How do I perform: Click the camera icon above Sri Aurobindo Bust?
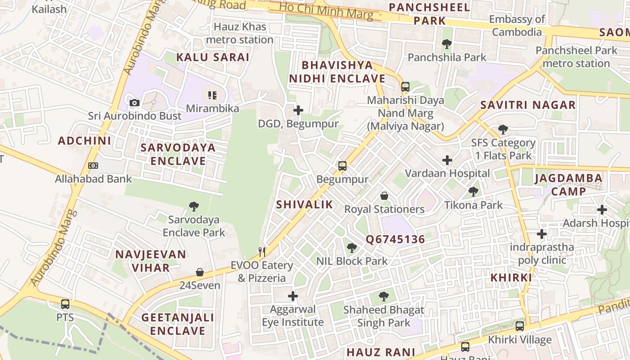coord(134,103)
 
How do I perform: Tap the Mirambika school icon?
coord(212,95)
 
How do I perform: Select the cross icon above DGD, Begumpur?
coord(298,110)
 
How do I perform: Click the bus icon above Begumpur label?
coord(342,166)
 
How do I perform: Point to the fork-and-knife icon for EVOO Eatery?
coord(262,252)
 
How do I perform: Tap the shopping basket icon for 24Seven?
coord(200,272)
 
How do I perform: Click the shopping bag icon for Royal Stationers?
coord(384,196)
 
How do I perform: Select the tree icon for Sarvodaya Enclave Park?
coord(194,207)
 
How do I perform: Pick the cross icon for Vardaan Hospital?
coord(447,160)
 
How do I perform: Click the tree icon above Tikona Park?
coord(473,192)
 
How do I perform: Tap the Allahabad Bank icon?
coord(93,166)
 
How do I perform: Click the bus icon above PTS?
coord(65,304)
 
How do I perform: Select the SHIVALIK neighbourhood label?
coord(305,205)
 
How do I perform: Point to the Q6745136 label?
coord(395,239)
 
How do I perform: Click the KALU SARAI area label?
coord(212,57)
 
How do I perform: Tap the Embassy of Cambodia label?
coord(517,26)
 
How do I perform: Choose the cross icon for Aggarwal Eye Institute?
coord(293,296)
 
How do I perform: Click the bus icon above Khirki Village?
coord(520,326)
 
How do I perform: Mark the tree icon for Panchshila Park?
coord(447,44)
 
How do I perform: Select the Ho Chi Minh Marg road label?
coord(326,11)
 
